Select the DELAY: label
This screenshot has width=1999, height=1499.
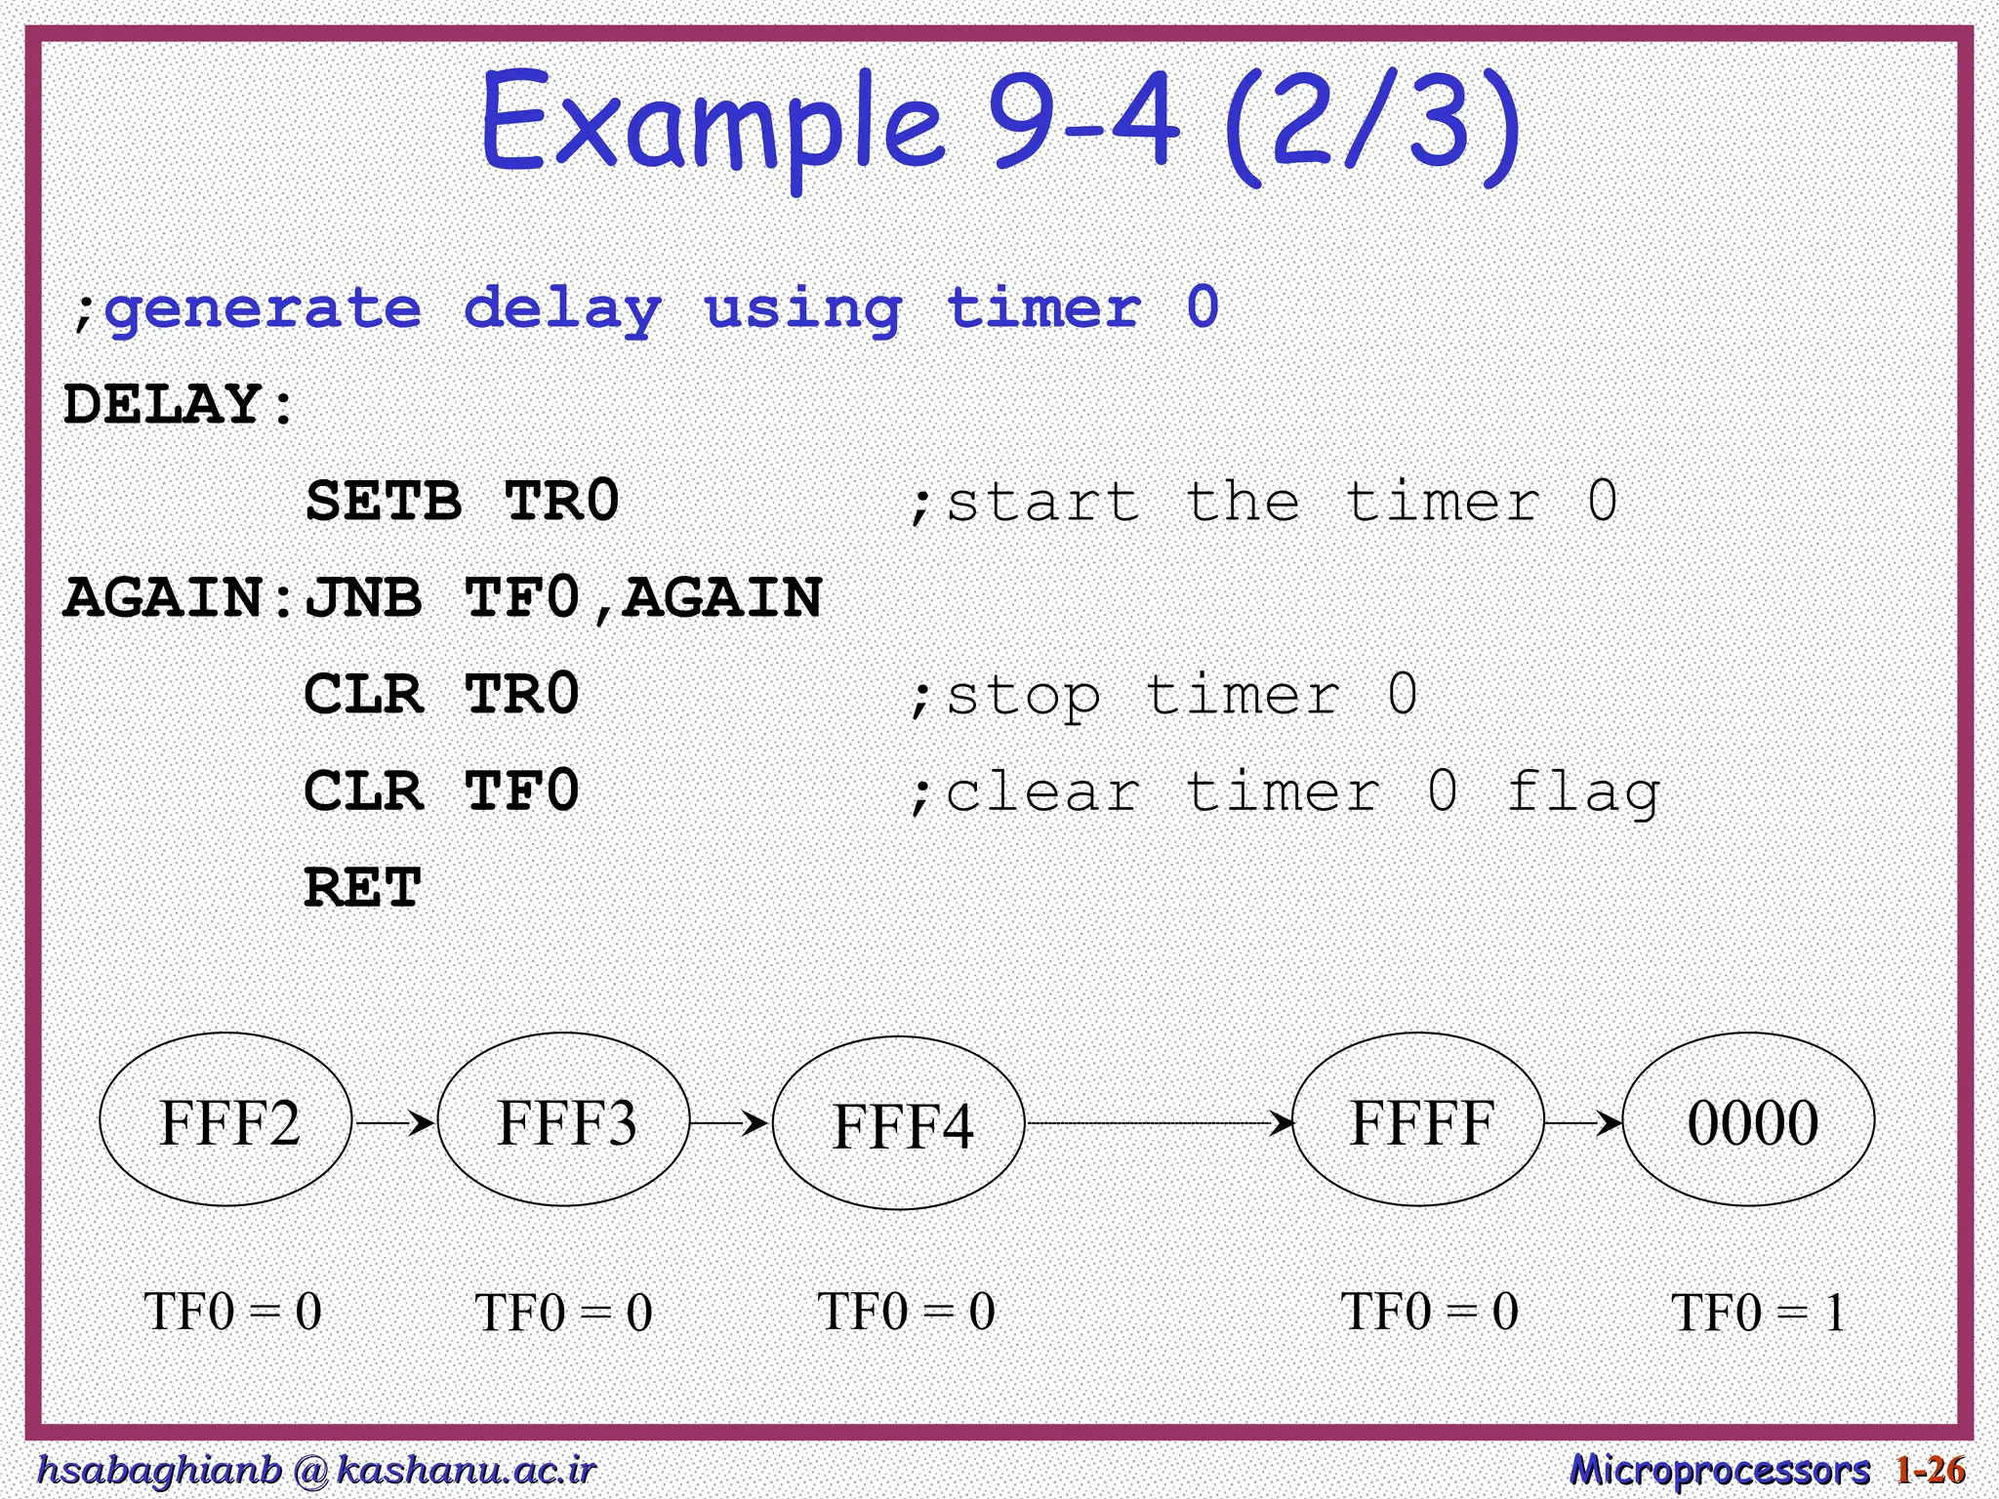point(179,404)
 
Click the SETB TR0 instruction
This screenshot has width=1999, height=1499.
point(462,502)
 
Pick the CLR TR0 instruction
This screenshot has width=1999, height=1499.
point(441,695)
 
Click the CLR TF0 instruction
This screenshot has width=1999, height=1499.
point(441,790)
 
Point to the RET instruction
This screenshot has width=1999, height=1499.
point(362,887)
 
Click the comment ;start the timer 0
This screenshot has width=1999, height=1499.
point(1262,502)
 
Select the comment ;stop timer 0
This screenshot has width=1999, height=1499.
point(1162,695)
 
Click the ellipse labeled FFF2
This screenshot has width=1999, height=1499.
point(226,1120)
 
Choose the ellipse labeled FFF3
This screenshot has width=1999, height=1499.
point(564,1120)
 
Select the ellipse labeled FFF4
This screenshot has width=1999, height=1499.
point(899,1123)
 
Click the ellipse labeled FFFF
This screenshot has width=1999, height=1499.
point(1418,1120)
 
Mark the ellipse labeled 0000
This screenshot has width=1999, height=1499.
point(1749,1120)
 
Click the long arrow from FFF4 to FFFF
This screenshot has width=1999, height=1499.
point(1159,1123)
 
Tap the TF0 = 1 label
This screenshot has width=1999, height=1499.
point(1758,1312)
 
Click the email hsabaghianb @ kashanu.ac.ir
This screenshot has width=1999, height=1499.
point(315,1470)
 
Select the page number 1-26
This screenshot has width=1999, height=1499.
point(1930,1470)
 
